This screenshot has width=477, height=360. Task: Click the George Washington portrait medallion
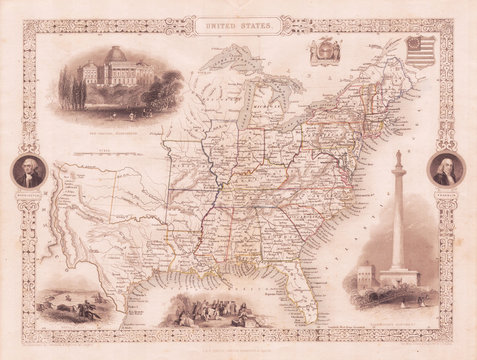tap(30, 172)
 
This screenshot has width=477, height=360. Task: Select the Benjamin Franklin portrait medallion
tap(446, 170)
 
